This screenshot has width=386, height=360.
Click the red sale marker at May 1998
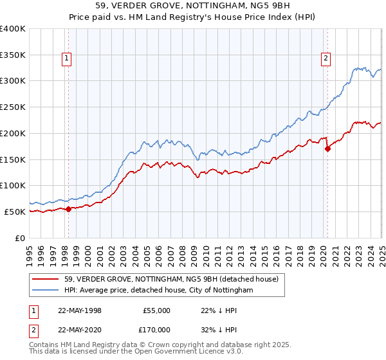(x=68, y=209)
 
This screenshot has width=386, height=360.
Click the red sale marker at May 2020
(x=327, y=148)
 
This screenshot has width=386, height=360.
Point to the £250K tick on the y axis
(x=13, y=107)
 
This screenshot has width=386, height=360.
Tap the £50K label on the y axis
(x=15, y=212)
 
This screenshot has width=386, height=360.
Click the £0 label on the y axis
(x=20, y=238)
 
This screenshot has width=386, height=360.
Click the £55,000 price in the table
(x=157, y=310)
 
